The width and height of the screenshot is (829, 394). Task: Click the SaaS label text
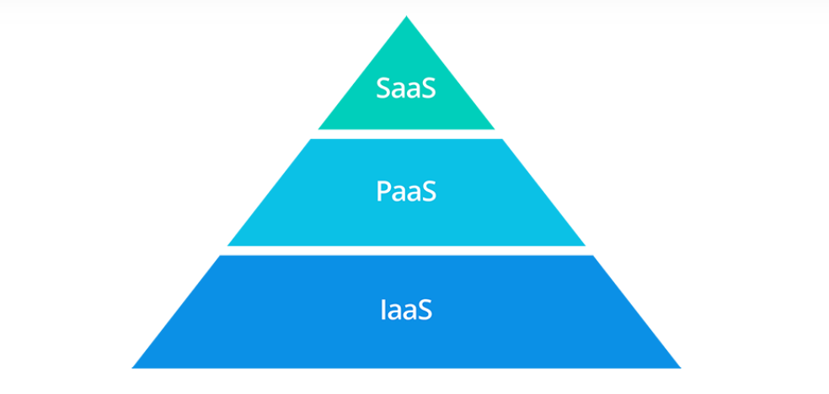pos(406,88)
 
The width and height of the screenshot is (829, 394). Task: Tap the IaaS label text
pos(406,309)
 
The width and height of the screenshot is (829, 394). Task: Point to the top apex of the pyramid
pos(406,17)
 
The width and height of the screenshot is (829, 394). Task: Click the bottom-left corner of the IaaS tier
pos(133,367)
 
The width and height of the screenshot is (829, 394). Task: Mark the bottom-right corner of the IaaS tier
pos(680,367)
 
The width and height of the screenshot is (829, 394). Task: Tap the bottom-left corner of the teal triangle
pos(319,128)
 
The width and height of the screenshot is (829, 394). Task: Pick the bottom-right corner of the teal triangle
pos(494,128)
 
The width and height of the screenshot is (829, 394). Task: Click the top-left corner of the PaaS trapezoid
pos(312,140)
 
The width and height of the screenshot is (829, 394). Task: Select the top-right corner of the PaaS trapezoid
pos(501,140)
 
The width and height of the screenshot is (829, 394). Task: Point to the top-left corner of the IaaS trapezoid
pos(220,256)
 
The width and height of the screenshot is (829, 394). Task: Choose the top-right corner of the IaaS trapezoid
pos(593,256)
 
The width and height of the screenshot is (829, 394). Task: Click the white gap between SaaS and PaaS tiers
pos(406,134)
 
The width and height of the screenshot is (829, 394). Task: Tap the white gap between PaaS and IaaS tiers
pos(406,250)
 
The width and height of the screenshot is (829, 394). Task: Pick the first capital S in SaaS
pos(384,88)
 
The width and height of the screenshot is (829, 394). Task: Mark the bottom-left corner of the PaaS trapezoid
pos(228,245)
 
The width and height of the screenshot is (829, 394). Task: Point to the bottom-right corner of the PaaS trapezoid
pos(585,245)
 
